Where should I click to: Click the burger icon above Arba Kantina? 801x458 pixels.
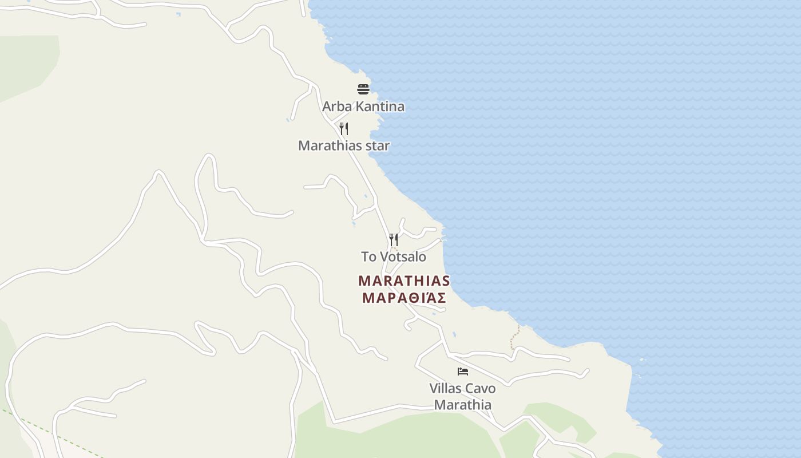point(363,89)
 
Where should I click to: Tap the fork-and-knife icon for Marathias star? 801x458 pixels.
point(344,128)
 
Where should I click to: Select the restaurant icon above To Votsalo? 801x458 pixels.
point(394,239)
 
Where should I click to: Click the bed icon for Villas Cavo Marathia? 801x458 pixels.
point(463,372)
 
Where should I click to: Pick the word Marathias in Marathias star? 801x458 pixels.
point(330,146)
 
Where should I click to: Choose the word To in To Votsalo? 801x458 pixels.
point(368,257)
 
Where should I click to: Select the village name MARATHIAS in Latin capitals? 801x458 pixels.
point(404,281)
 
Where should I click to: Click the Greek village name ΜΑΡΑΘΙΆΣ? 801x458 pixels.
point(404,298)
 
